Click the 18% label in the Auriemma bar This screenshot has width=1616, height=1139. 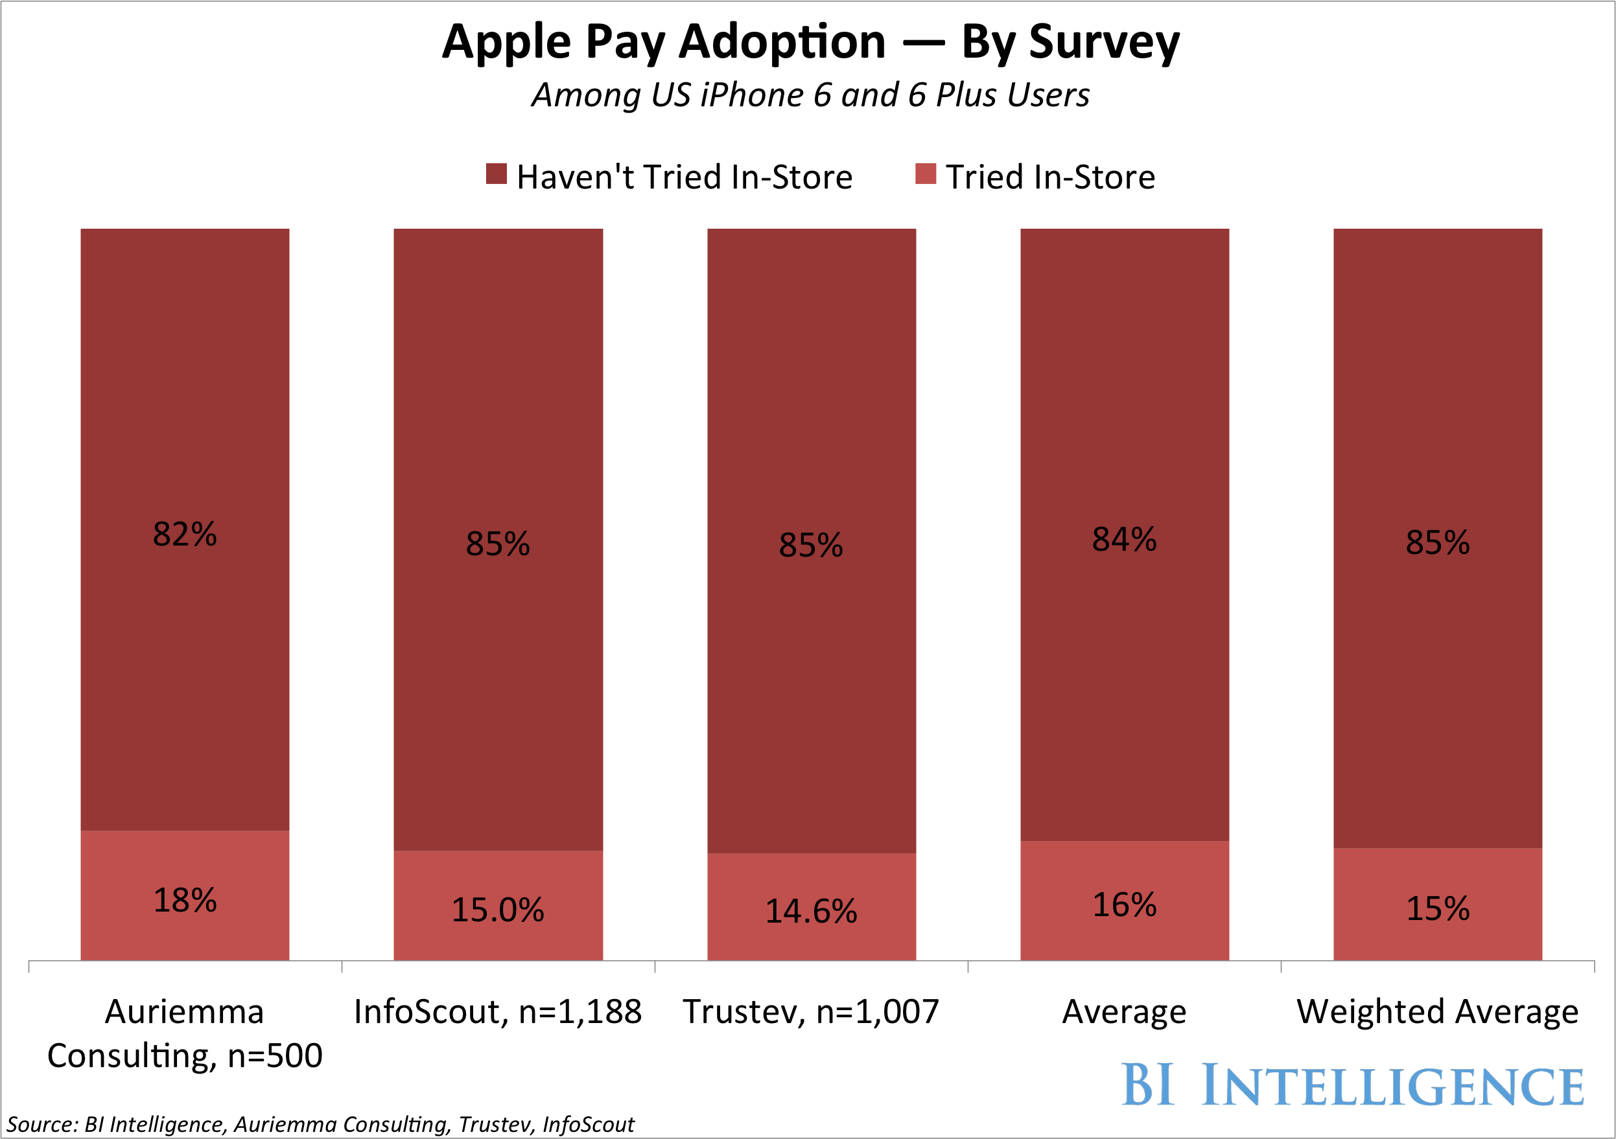185,901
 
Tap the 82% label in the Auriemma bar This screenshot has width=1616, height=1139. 185,534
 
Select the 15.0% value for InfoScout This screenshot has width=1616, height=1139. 498,910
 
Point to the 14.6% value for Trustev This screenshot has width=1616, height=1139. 811,911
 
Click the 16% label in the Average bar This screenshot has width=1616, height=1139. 1124,904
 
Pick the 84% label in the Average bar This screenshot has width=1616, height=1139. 1124,540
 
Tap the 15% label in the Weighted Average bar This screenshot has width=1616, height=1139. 1437,908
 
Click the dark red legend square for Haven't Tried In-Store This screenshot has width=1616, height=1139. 496,174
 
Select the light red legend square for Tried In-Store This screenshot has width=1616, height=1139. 926,174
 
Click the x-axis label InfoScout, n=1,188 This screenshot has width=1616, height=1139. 498,1011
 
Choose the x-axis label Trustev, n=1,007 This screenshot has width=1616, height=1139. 811,1011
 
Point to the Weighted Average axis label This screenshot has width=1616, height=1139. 1437,1011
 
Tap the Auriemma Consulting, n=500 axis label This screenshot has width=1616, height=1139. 185,1033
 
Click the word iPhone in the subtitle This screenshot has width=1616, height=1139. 752,95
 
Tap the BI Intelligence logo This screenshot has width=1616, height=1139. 1352,1085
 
